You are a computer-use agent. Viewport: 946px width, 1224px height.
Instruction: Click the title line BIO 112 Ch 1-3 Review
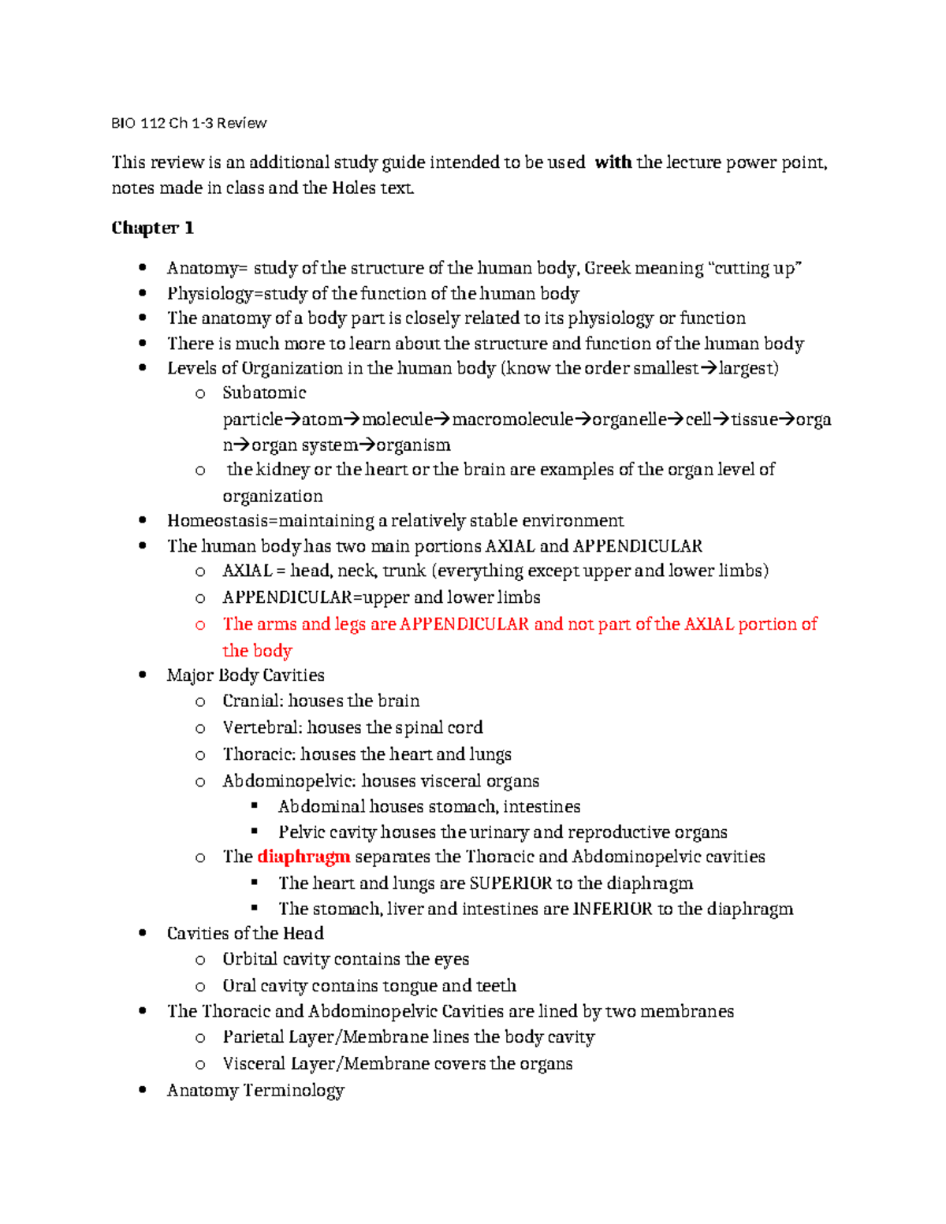(x=188, y=123)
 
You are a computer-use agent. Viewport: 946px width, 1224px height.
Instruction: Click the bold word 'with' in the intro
(x=613, y=162)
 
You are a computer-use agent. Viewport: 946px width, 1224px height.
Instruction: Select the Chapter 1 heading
(x=152, y=228)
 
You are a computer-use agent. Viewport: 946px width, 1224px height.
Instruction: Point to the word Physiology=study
(x=236, y=294)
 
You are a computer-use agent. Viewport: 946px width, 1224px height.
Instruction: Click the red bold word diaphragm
(x=304, y=857)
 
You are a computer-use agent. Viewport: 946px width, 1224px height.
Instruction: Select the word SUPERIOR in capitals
(x=510, y=883)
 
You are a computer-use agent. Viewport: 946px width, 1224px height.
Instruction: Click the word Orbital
(x=250, y=959)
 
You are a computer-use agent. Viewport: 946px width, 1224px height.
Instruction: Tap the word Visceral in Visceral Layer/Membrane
(x=253, y=1064)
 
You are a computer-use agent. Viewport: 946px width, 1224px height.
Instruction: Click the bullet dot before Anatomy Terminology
(x=143, y=1090)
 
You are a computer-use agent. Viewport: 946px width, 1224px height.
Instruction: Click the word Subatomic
(x=263, y=392)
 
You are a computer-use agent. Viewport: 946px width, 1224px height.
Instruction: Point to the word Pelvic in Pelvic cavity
(x=301, y=832)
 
